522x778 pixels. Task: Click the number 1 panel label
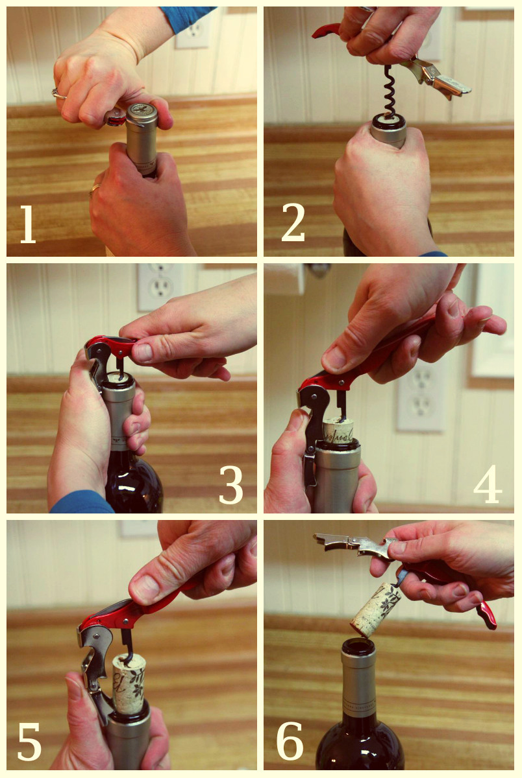tap(27, 224)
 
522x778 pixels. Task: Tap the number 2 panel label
tap(293, 222)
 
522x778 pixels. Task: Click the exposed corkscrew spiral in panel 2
tap(389, 93)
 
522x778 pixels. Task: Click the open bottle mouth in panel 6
tap(358, 646)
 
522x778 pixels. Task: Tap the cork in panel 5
tap(128, 684)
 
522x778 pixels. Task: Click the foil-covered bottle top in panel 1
tap(142, 117)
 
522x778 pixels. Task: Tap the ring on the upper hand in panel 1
tap(59, 94)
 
